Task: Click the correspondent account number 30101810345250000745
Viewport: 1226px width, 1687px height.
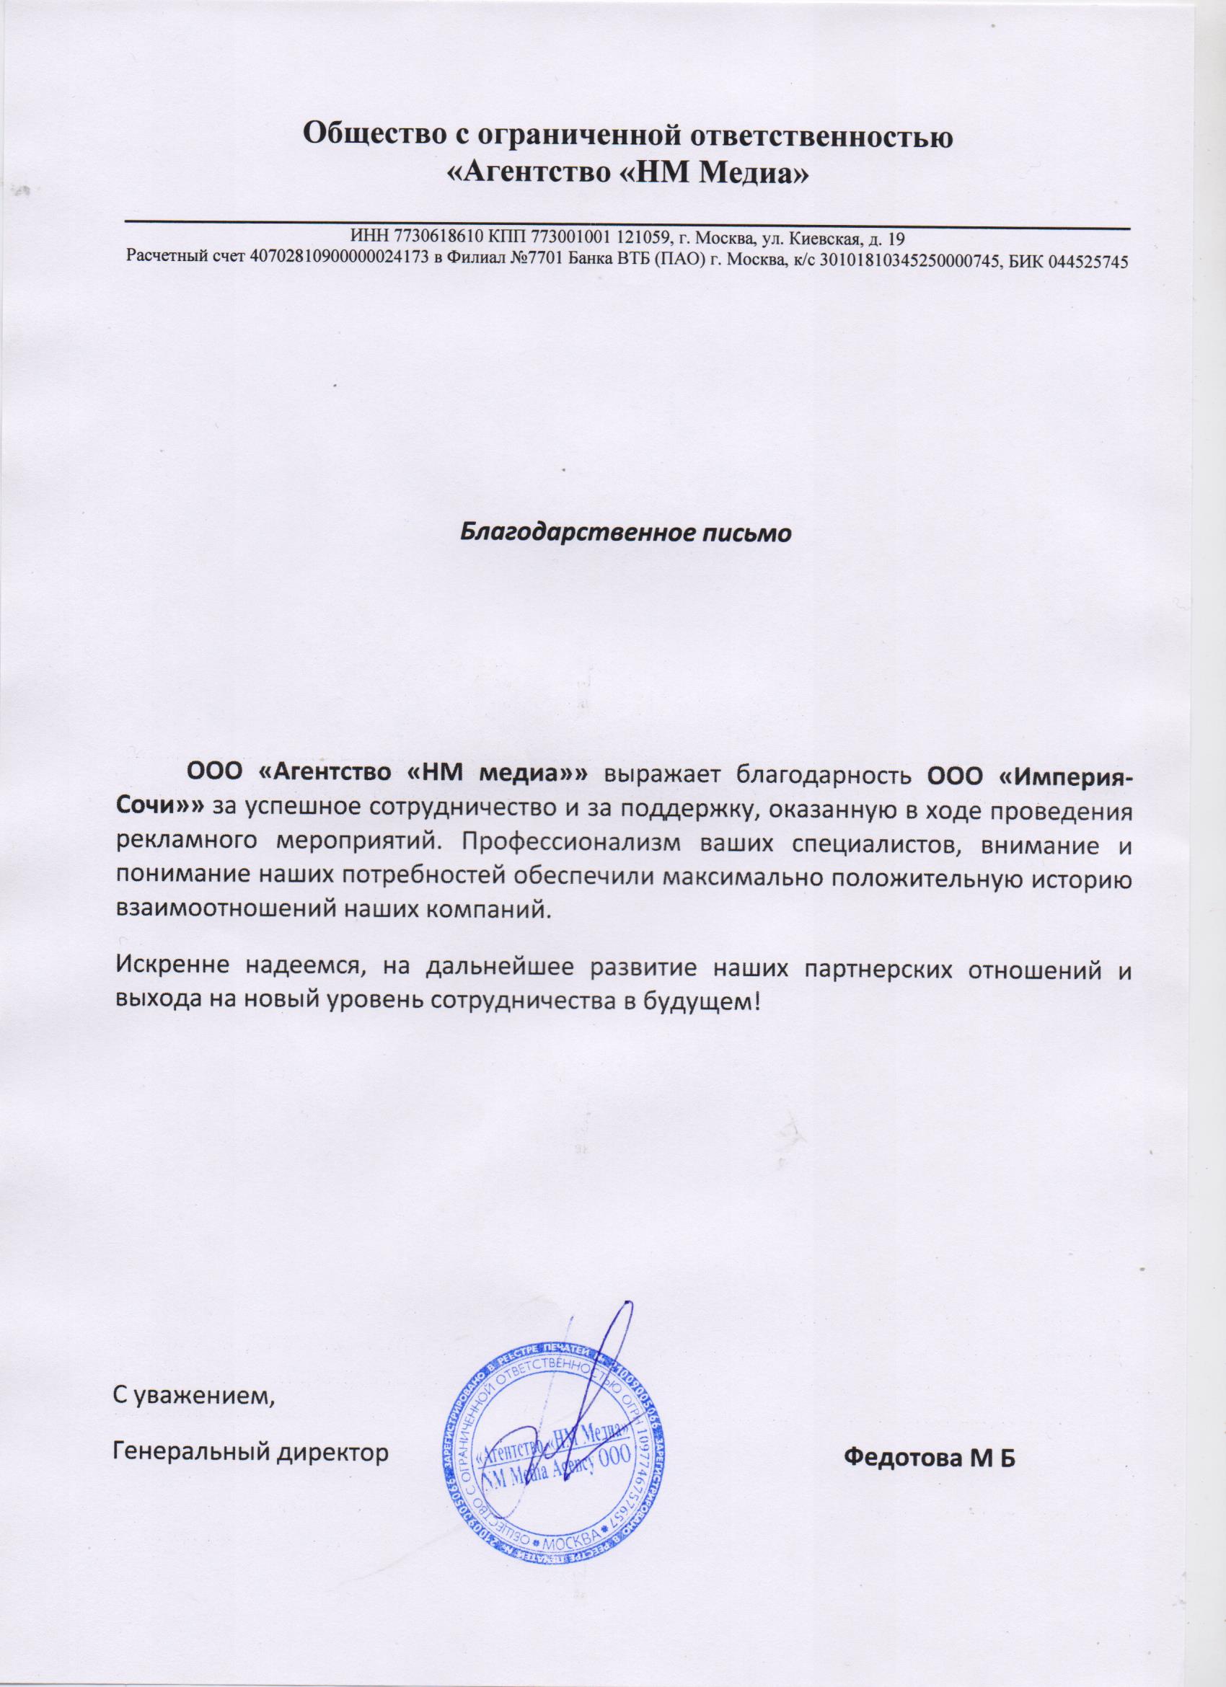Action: point(916,261)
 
